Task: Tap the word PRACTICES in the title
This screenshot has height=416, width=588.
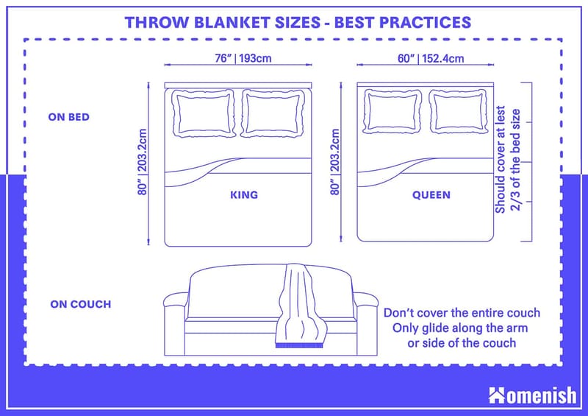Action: click(423, 21)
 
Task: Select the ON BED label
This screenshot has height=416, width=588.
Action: click(70, 116)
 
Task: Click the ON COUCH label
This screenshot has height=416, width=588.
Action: click(81, 303)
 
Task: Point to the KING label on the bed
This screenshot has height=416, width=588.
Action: click(244, 195)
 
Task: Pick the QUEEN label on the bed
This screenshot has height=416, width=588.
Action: click(431, 195)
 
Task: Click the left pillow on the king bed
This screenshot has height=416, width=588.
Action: click(205, 113)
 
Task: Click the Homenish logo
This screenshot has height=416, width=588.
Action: click(533, 395)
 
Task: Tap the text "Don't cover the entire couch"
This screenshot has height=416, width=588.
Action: click(462, 312)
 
